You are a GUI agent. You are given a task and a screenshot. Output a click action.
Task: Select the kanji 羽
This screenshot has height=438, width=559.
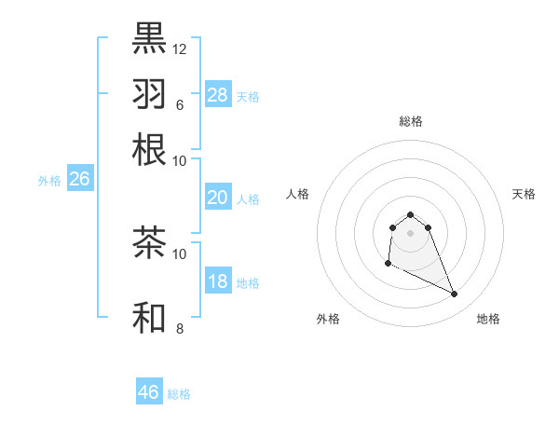click(150, 93)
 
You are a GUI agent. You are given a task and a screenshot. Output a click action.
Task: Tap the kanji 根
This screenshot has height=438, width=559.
click(150, 149)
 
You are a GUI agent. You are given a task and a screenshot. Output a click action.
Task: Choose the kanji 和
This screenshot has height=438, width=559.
click(150, 317)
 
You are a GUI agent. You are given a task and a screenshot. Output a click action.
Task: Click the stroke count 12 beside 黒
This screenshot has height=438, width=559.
click(179, 48)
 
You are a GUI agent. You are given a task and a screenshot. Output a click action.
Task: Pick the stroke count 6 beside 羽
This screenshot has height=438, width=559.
click(179, 104)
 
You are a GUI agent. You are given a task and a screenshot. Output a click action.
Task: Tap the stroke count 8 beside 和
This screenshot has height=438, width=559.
click(179, 328)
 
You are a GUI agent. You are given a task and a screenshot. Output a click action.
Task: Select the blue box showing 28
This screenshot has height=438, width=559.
click(218, 95)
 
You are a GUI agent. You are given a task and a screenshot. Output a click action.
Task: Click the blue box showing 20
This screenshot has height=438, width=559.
click(218, 198)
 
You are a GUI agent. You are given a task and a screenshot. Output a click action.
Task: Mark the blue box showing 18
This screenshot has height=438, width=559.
click(218, 281)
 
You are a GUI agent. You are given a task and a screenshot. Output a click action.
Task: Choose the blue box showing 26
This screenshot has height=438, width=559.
click(79, 179)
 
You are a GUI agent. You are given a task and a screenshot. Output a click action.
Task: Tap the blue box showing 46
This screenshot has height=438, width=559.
click(149, 392)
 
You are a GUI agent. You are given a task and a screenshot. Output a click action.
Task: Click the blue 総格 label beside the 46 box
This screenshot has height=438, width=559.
click(179, 394)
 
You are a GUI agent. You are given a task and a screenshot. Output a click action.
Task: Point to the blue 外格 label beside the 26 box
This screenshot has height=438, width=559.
click(49, 181)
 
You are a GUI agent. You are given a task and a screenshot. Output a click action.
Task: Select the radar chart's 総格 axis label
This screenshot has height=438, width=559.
click(411, 121)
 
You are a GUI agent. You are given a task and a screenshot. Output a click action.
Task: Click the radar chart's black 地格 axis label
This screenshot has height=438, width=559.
click(488, 319)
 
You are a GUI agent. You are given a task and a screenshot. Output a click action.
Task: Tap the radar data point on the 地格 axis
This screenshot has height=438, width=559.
click(455, 294)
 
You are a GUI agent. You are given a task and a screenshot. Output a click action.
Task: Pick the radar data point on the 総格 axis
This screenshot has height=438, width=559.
click(411, 214)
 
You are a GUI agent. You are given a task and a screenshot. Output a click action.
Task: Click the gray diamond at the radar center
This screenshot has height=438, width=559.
click(411, 233)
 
